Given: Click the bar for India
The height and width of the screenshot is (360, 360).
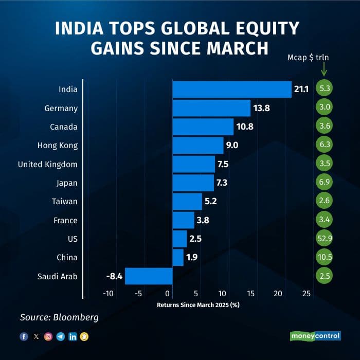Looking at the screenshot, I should coord(231,89).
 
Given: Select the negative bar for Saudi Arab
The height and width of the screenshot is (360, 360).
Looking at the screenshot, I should coord(149,276).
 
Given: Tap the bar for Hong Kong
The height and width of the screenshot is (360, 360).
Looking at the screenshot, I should coord(197,146).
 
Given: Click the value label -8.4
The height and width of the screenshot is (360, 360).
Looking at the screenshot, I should coord(114,277).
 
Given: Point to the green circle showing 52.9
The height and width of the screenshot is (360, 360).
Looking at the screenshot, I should coord(325,239).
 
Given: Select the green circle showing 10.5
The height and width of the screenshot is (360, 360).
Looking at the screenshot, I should coord(325,257).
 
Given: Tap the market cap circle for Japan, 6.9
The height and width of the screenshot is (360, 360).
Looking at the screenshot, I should coord(325,183).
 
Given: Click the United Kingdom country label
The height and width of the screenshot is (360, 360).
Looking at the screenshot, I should coord(47,164).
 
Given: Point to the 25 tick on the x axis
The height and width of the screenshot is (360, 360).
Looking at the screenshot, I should coord(306,294).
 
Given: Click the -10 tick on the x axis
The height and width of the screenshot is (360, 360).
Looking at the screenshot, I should coord(108,294).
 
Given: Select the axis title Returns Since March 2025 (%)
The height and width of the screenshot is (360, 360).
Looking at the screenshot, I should coord(198,304).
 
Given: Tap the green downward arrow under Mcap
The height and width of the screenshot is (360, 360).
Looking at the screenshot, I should coord(325,69).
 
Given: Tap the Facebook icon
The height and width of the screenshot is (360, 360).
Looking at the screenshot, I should coord(24,336).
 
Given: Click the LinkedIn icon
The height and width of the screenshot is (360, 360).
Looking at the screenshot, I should coord(73,336).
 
